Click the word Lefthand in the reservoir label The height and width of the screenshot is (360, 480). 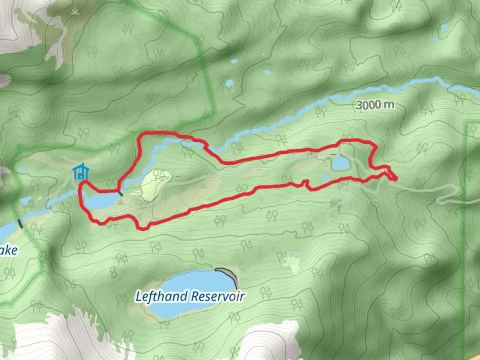pyautogui.click(x=161, y=296)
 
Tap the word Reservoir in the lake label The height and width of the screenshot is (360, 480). pyautogui.click(x=218, y=296)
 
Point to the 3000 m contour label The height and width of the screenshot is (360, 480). pyautogui.click(x=375, y=105)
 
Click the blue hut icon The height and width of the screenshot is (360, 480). pyautogui.click(x=81, y=172)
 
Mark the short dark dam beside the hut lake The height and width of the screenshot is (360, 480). pyautogui.click(x=120, y=193)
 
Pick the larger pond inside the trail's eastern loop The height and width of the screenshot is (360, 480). pyautogui.click(x=340, y=163)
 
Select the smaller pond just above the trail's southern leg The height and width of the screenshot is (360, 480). pyautogui.click(x=325, y=178)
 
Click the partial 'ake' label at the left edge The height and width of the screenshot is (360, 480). pyautogui.click(x=8, y=250)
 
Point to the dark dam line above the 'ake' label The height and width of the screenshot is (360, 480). pyautogui.click(x=21, y=223)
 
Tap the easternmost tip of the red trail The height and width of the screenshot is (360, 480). pyautogui.click(x=396, y=179)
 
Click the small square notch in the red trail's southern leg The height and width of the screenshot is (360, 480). pyautogui.click(x=305, y=183)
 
